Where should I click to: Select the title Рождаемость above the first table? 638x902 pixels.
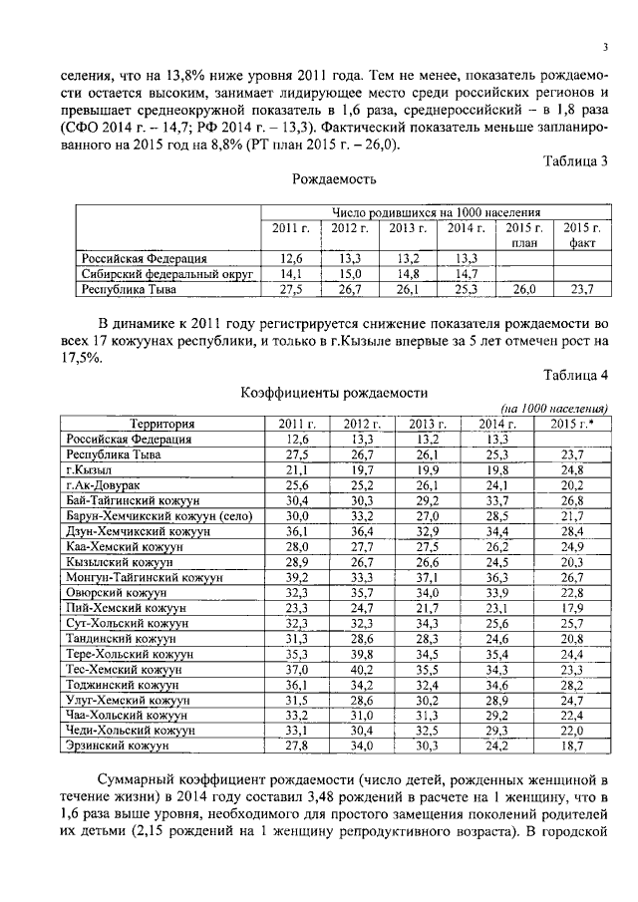click(x=334, y=180)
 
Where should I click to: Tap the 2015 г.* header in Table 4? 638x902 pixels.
click(x=572, y=425)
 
